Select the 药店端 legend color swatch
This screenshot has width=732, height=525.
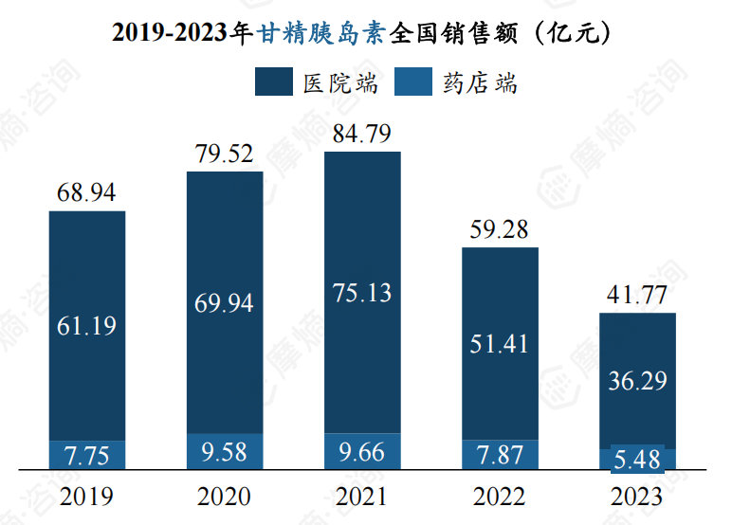413,81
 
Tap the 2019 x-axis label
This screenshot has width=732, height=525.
86,497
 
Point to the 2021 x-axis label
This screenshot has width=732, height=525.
361,497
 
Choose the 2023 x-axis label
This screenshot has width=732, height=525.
637,497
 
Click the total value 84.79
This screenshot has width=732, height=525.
361,135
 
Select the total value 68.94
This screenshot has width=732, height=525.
86,193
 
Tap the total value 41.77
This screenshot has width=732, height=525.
637,297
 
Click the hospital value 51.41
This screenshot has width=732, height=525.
500,343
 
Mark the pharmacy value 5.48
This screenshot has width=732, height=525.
637,461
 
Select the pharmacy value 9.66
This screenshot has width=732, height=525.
361,451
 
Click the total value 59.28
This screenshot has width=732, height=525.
500,230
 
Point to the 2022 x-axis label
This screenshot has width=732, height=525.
500,497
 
